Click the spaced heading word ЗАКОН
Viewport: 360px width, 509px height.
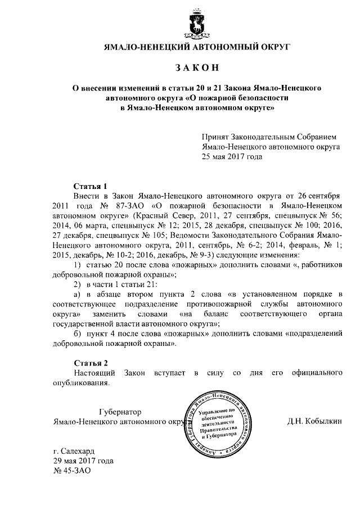pyautogui.click(x=197, y=67)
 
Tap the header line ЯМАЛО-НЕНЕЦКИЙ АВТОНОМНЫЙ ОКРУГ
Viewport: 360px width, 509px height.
pyautogui.click(x=197, y=47)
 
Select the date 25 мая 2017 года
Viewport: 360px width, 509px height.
pyautogui.click(x=232, y=157)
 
